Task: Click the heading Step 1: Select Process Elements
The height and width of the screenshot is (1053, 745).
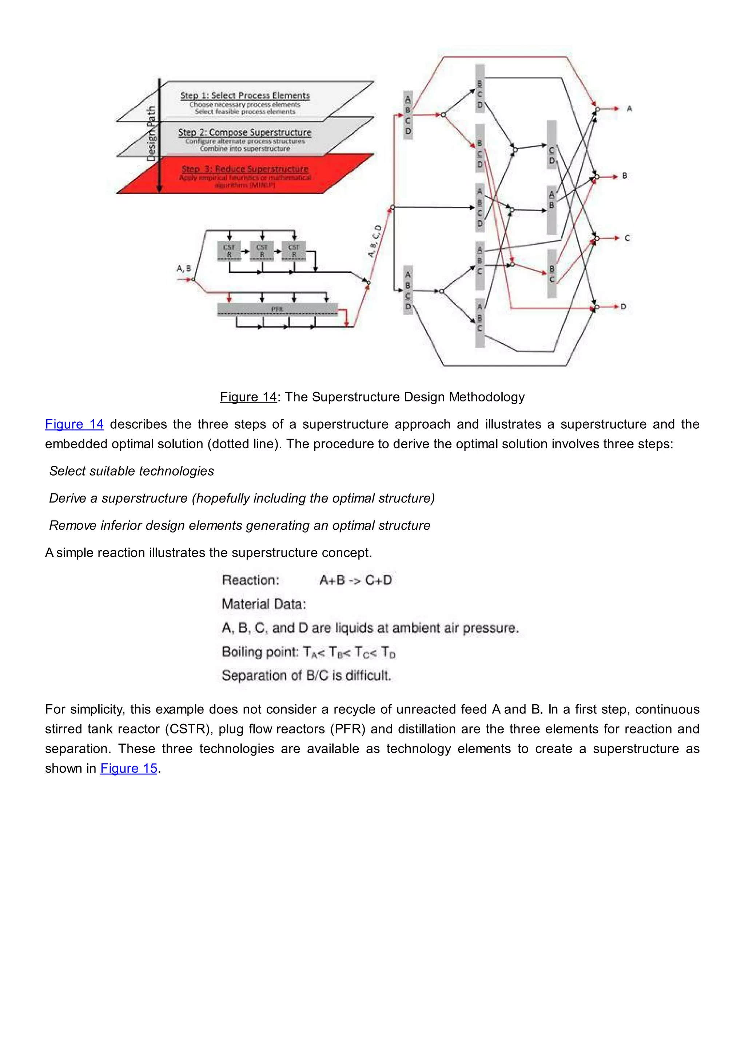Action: click(244, 95)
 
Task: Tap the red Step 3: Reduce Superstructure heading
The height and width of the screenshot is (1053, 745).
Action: click(244, 169)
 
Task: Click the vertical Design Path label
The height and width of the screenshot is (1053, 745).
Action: click(151, 133)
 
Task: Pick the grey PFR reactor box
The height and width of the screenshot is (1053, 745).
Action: click(277, 309)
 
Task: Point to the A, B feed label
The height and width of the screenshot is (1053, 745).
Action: click(184, 268)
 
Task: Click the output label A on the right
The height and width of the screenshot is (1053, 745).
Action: click(629, 109)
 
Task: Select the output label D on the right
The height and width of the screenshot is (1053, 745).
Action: click(624, 307)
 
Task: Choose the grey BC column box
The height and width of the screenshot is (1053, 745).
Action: click(551, 274)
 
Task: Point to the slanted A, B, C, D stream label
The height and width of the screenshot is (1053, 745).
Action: click(374, 241)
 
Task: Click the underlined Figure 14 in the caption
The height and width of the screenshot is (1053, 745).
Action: click(248, 397)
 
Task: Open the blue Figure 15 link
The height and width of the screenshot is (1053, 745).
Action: click(129, 768)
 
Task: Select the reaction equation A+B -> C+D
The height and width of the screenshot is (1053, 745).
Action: click(355, 580)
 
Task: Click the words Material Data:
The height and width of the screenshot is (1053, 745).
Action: click(264, 604)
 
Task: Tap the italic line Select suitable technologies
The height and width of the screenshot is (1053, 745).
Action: click(132, 471)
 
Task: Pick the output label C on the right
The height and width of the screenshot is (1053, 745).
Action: click(627, 238)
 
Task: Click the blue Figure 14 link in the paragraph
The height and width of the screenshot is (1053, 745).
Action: click(74, 424)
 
